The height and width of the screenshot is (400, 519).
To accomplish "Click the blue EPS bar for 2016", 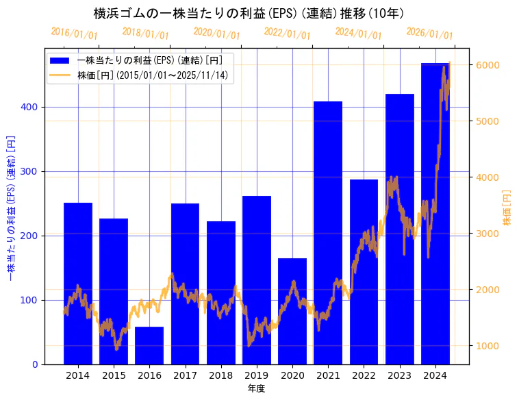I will [149, 345].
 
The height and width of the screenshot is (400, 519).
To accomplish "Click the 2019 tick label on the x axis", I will [257, 375].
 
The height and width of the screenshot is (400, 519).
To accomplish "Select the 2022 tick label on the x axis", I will [364, 375].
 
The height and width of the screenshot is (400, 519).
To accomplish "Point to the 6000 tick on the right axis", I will [486, 65].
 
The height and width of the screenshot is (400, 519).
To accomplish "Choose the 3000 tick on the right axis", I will [486, 234].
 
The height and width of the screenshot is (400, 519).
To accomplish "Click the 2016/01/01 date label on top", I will [75, 33].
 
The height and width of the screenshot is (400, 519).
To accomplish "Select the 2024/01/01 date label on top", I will [359, 33].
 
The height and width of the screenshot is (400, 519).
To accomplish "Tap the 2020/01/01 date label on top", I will [217, 33].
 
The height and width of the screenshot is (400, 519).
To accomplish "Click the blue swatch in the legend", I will [61, 60].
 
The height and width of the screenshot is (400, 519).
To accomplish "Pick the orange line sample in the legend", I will [61, 75].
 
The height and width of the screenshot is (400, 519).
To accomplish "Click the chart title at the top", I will [248, 13].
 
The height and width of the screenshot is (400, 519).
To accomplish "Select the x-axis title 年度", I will [256, 388].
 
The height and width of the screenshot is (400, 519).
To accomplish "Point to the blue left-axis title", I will [11, 208].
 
